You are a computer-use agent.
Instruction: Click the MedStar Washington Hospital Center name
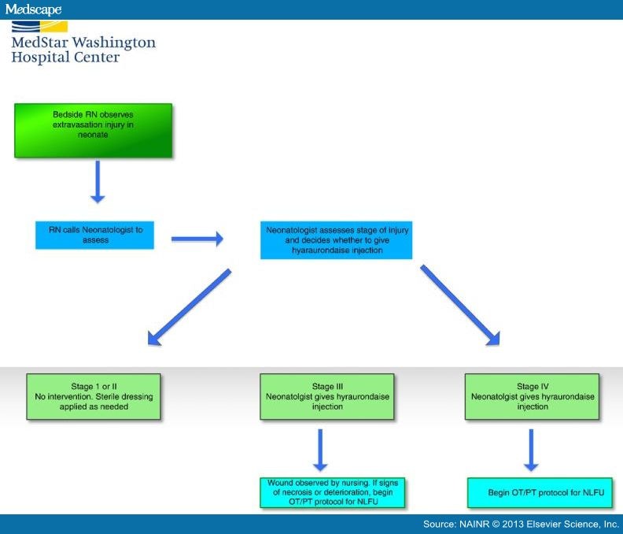(83, 50)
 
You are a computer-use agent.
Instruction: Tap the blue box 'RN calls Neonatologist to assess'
(94, 235)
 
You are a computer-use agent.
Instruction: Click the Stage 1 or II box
(93, 397)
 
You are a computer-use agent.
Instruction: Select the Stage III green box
(323, 397)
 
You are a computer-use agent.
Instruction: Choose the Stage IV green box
(533, 397)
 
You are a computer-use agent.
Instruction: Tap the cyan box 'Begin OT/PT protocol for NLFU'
(533, 492)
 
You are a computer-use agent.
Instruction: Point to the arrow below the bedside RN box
(98, 182)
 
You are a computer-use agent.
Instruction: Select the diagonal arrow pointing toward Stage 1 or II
(190, 307)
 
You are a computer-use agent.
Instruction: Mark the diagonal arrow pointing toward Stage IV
(460, 305)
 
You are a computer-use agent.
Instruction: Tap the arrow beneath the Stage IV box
(533, 450)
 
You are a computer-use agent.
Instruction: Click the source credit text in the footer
(521, 524)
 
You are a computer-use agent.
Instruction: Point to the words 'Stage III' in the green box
(323, 386)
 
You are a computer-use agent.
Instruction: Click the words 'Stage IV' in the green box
(533, 386)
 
